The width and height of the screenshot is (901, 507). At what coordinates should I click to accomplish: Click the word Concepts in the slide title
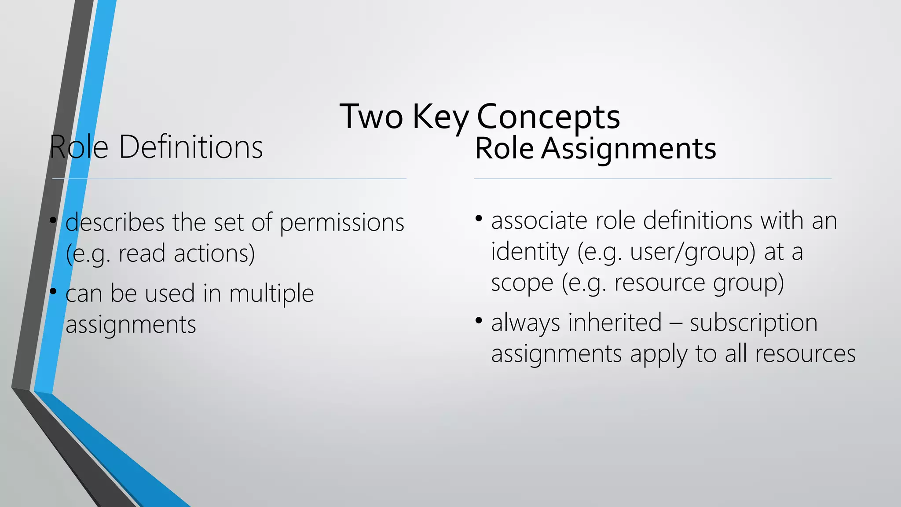(548, 117)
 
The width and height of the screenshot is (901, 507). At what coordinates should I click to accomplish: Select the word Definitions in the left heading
(190, 147)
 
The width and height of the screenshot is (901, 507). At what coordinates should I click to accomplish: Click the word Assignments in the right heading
(629, 148)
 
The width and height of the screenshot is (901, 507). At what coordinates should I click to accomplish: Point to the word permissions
(342, 222)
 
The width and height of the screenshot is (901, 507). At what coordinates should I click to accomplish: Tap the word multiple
(271, 293)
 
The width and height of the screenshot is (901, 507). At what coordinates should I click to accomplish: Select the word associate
(539, 220)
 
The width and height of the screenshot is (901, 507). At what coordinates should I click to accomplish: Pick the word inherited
(615, 323)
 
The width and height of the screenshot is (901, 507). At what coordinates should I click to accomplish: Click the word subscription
(753, 323)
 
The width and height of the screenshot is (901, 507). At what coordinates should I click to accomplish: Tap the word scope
(522, 283)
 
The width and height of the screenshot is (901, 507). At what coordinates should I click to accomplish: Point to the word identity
(530, 252)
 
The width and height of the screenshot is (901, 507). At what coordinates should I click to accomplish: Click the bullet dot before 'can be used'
(53, 291)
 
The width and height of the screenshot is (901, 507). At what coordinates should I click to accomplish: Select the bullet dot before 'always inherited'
(479, 320)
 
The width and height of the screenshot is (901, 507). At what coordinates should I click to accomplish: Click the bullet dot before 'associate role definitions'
(479, 218)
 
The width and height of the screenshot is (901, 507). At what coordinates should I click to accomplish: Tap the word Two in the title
(371, 117)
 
